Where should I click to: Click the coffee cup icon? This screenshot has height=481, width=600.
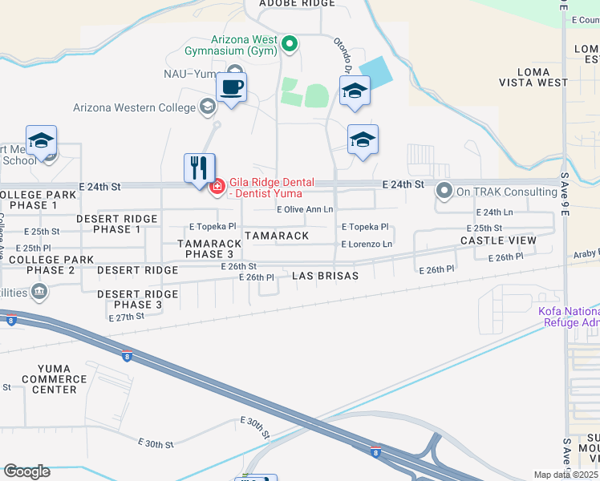click(x=231, y=87)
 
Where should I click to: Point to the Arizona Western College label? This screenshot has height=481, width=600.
click(x=134, y=107)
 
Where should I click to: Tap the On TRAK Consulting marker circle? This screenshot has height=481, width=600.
click(x=444, y=192)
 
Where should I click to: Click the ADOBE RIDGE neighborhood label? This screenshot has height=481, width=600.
click(x=286, y=4)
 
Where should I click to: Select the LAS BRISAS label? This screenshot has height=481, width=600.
click(x=325, y=275)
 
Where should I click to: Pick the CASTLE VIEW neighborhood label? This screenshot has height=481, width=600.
click(x=498, y=240)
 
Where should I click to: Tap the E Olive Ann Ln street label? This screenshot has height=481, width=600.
click(x=305, y=210)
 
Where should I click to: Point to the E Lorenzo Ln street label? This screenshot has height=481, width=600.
click(x=367, y=244)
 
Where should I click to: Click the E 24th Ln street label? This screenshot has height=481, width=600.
click(x=494, y=212)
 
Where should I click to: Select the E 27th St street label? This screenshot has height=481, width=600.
click(x=126, y=317)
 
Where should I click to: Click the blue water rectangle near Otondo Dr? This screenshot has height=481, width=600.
click(x=377, y=73)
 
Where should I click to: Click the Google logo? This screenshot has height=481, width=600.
click(x=26, y=471)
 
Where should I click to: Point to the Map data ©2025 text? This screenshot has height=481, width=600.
click(x=566, y=475)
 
